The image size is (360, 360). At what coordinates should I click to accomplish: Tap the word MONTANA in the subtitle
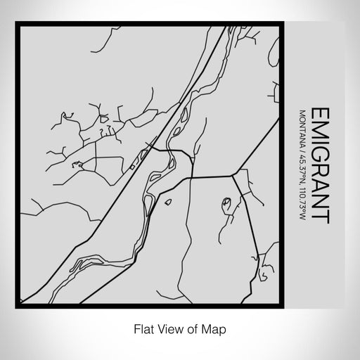[x=302, y=126]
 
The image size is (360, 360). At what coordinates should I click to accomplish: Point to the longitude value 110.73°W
[x=302, y=203]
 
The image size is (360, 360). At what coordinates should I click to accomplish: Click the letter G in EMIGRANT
[x=319, y=153]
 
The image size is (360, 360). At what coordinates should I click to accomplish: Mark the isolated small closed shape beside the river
[x=168, y=203]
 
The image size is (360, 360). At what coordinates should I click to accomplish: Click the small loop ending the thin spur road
[x=226, y=205]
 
